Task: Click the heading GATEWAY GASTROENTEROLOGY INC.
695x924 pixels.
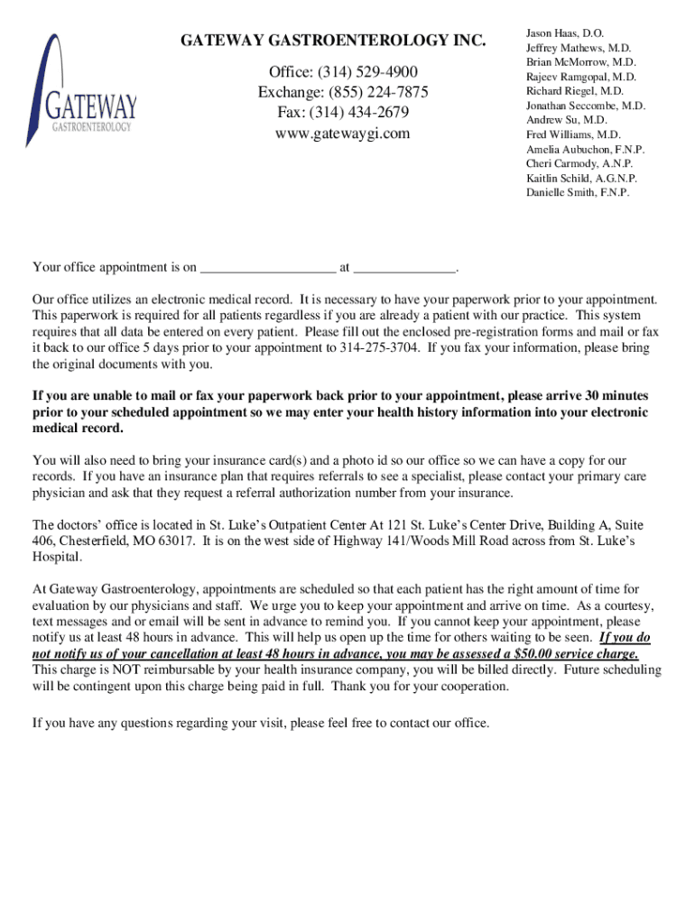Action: point(333,41)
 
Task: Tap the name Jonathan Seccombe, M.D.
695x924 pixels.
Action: point(586,106)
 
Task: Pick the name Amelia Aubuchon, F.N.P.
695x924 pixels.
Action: point(586,149)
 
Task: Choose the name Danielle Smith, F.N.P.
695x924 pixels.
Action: point(578,192)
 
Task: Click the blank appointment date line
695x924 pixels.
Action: point(267,267)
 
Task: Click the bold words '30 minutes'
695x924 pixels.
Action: point(616,396)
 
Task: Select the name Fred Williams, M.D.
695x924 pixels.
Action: point(573,134)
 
